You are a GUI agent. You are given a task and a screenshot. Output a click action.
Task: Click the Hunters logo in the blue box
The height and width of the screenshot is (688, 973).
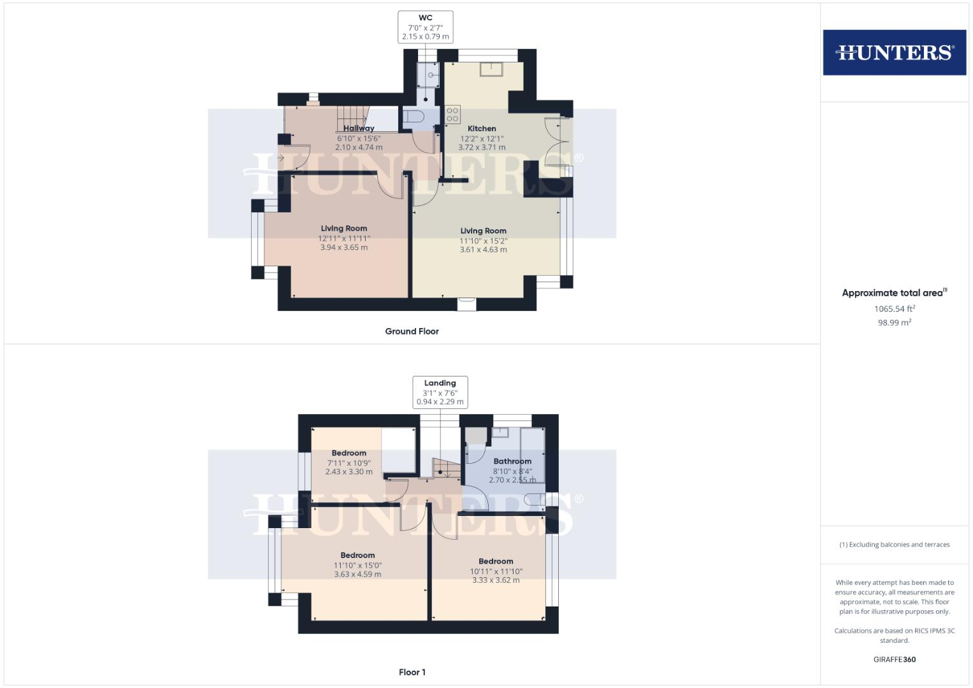894,52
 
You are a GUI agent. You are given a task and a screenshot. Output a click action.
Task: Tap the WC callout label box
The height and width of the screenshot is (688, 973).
425,27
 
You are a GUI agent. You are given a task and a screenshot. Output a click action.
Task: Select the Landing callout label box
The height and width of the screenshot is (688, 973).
440,392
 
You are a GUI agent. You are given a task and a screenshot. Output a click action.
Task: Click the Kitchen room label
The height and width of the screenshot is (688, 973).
482,129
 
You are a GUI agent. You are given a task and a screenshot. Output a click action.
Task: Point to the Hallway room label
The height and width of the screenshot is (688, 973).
359,129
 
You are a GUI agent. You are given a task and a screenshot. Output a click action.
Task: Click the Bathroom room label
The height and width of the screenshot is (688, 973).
512,461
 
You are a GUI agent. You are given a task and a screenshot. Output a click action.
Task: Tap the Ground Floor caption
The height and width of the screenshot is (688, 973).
412,331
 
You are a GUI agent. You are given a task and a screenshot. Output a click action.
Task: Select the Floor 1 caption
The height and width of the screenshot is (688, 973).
412,672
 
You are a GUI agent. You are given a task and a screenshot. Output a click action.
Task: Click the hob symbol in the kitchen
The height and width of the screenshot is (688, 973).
452,115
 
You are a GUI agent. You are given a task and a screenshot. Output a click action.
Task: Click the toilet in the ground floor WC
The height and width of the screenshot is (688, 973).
412,117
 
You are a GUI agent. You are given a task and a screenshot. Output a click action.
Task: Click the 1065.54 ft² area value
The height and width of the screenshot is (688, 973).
894,309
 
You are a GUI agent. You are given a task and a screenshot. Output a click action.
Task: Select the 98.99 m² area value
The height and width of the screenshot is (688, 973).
894,323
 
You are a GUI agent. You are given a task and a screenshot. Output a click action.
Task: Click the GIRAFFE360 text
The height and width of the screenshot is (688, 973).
894,659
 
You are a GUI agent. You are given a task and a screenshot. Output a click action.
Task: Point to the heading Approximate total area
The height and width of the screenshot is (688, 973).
894,293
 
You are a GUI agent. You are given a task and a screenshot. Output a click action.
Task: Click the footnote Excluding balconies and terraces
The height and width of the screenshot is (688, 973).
894,545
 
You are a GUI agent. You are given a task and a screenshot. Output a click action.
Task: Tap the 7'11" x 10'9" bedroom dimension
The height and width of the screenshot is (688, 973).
349,463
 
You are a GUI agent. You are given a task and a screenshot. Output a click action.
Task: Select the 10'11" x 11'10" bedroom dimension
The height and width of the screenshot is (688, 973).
496,571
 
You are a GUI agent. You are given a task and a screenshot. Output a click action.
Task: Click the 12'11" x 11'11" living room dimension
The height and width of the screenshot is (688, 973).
344,238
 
